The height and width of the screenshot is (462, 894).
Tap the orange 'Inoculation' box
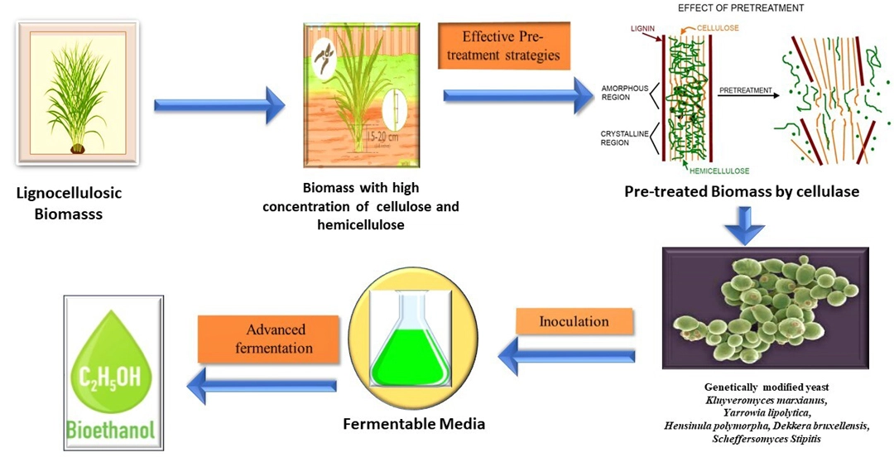[574, 321]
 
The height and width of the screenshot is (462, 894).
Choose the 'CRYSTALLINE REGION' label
[623, 137]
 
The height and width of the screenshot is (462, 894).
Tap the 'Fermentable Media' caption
[414, 424]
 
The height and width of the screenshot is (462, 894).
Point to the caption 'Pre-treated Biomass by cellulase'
[742, 192]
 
